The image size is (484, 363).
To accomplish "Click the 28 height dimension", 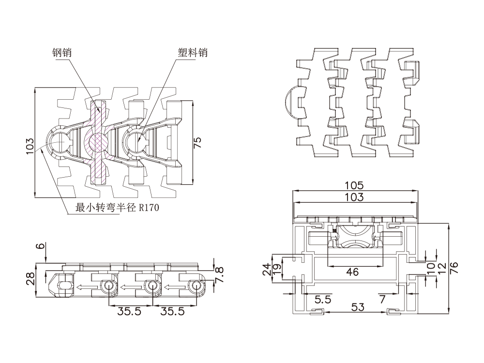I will point(30,278).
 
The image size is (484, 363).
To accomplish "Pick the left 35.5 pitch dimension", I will point(129,312).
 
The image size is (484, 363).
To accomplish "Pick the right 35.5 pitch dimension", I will point(173,312).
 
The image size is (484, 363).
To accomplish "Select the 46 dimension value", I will point(353,272).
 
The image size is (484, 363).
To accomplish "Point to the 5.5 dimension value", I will point(323,300).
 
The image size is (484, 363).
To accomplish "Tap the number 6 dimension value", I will point(42,246).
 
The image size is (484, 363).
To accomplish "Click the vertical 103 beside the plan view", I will point(30,146).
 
